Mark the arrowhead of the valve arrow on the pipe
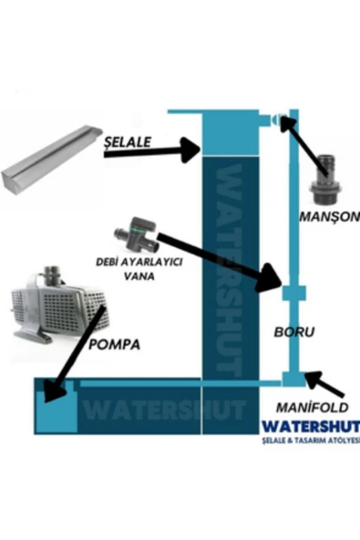(271, 278)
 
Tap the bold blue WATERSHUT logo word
(309, 426)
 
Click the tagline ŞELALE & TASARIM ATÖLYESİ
(309, 441)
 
